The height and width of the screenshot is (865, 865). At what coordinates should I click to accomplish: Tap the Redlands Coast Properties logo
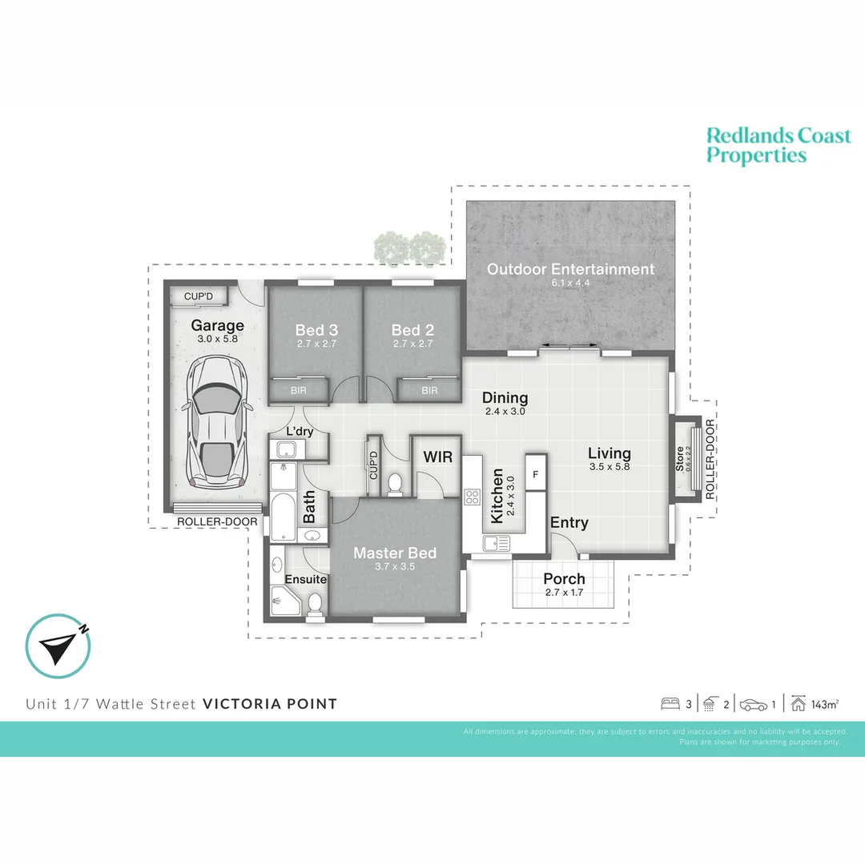coord(778,145)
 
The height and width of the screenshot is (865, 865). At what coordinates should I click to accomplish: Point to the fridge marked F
coord(535,473)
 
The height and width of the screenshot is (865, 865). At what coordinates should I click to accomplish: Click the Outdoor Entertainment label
coord(570,269)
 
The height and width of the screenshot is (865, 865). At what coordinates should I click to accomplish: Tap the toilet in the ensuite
coord(316,602)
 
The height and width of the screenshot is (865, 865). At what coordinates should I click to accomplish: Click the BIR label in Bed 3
coord(297,391)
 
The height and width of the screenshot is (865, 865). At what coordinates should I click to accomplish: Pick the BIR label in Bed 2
coord(429,391)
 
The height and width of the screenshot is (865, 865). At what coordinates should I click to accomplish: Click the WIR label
coord(438,457)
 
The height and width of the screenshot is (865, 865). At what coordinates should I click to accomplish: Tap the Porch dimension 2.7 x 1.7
coord(564,593)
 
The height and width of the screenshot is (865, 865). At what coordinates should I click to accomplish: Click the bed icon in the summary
coord(669,705)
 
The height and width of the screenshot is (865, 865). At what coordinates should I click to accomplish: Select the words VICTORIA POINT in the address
coord(270,704)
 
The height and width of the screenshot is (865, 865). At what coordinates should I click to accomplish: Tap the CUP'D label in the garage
coord(199,296)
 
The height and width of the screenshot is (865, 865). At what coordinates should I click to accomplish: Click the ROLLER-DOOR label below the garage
coord(218,522)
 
